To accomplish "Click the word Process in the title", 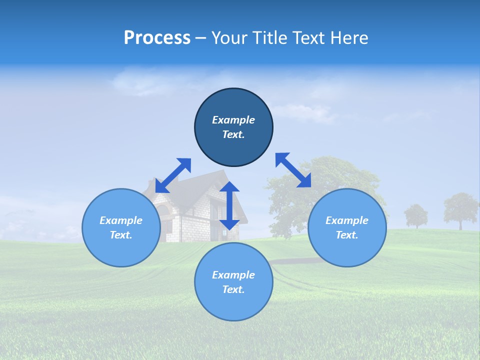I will [157, 38].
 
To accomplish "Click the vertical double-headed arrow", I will [229, 205].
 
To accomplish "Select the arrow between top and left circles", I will [173, 175].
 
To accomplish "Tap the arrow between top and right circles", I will [293, 170].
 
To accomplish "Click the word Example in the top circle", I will [233, 120].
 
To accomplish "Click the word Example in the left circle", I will [121, 220].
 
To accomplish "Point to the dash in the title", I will [201, 38].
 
